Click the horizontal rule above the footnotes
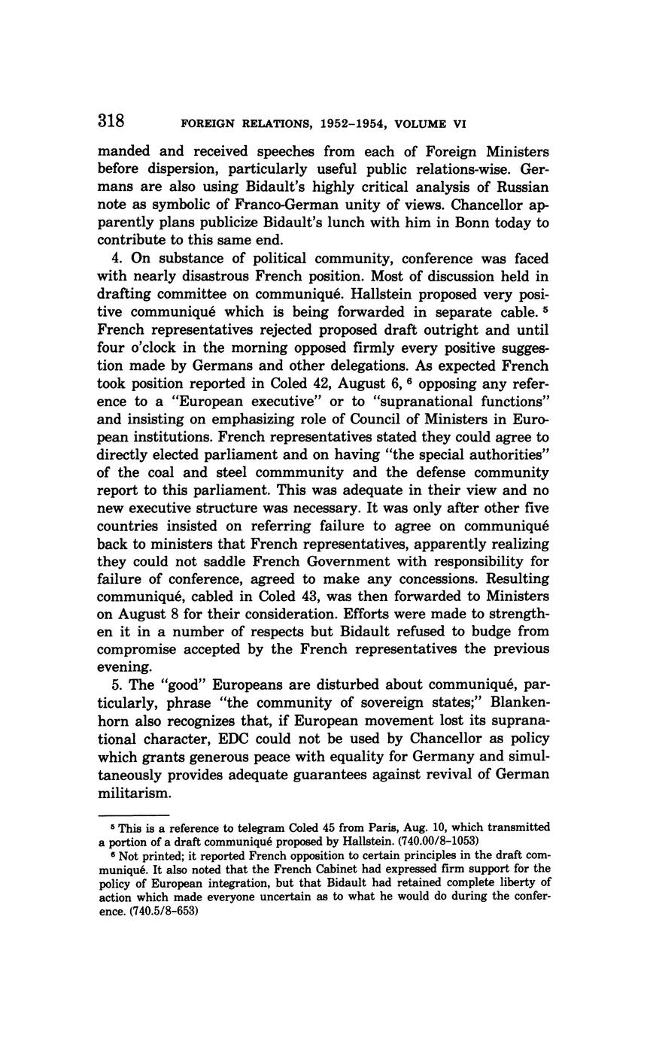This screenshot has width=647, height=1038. click(133, 815)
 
